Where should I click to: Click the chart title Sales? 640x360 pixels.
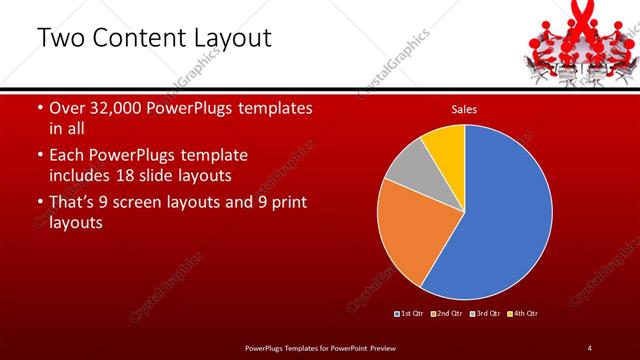(x=464, y=108)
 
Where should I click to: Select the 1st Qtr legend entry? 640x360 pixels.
(x=411, y=314)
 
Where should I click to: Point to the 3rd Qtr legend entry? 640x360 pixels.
(x=487, y=314)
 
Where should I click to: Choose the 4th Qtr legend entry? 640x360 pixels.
(x=524, y=314)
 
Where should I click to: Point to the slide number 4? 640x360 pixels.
(x=590, y=347)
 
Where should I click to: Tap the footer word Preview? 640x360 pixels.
(x=388, y=347)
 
